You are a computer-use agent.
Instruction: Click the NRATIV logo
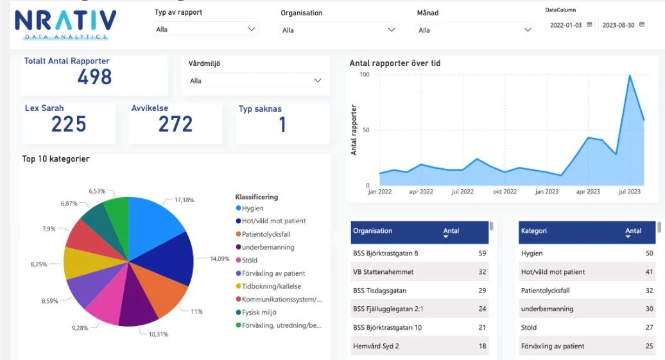point(65,24)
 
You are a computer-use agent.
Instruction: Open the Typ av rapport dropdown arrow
point(251,30)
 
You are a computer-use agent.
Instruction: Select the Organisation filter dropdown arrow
point(391,30)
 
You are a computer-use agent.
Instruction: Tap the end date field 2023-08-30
point(619,25)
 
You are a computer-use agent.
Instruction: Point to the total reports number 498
point(94,78)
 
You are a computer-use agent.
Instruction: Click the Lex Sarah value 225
point(69,124)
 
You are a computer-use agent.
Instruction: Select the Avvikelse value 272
point(175,124)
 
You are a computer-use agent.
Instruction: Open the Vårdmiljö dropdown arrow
point(317,81)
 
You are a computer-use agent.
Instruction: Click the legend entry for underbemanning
point(268,247)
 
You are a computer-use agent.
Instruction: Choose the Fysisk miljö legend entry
point(264,313)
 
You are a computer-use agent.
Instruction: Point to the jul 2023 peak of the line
point(630,76)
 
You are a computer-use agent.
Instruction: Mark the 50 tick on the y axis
point(367,130)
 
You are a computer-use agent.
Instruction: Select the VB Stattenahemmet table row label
point(383,272)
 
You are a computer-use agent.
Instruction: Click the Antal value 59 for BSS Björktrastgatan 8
point(482,253)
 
